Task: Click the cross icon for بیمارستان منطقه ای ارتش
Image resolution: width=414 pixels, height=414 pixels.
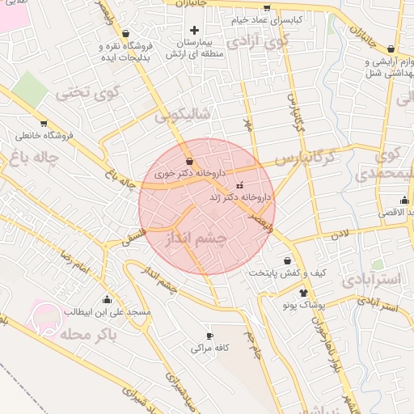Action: tap(194, 30)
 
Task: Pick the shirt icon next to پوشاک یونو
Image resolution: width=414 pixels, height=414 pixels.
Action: tap(303, 293)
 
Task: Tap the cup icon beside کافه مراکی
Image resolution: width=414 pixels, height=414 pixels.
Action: tap(209, 336)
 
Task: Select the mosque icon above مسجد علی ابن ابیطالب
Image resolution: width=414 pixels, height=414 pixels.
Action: tap(107, 299)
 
